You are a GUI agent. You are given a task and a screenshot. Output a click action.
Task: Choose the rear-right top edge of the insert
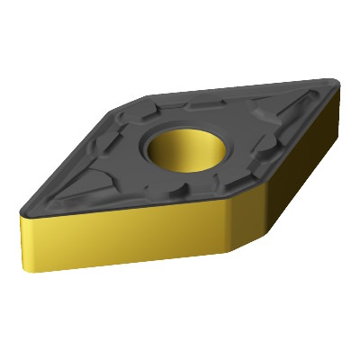[x=243, y=85]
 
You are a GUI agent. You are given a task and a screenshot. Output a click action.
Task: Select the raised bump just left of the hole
[x=135, y=162]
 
